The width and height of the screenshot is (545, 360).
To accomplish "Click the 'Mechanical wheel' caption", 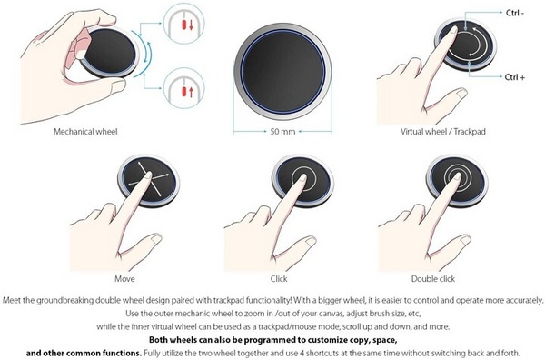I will (x=86, y=131).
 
